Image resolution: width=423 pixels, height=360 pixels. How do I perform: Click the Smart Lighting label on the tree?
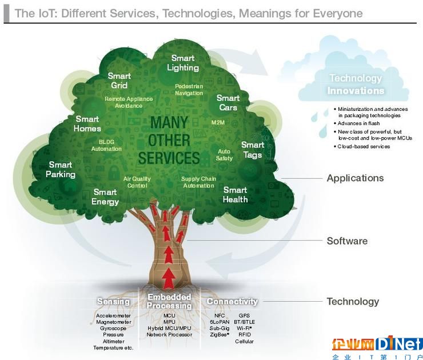click(x=183, y=63)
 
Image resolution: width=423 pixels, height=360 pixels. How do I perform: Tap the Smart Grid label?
click(x=119, y=81)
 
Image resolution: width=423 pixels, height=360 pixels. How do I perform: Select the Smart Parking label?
click(x=61, y=170)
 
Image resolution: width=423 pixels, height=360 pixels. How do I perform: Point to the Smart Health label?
click(x=235, y=194)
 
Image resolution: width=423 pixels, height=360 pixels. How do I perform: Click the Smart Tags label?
click(x=252, y=150)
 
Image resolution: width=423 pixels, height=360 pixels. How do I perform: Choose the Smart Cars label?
click(x=228, y=103)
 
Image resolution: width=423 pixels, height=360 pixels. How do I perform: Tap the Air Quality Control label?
click(x=137, y=182)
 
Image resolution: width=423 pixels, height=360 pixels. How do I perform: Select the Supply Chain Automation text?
click(x=198, y=182)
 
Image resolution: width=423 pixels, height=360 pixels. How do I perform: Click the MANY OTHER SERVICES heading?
click(x=174, y=140)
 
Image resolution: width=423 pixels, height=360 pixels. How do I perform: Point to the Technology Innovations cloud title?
click(x=356, y=85)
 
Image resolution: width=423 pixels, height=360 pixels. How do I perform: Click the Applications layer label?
click(x=355, y=178)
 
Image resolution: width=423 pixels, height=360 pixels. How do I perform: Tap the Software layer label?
click(x=347, y=241)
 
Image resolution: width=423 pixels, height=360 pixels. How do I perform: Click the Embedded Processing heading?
click(x=169, y=301)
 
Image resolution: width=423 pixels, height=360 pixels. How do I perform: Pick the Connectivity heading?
click(x=232, y=301)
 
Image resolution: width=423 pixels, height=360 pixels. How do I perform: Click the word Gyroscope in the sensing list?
click(x=113, y=328)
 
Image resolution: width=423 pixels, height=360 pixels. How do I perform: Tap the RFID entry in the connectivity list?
click(x=244, y=334)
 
